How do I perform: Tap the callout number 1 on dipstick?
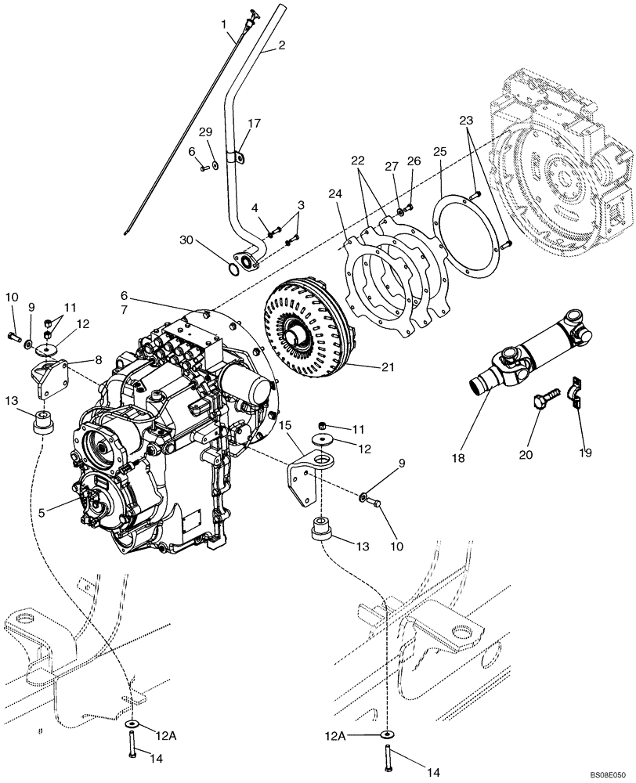(x=224, y=24)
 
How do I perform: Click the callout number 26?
(x=414, y=161)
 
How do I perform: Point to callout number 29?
(x=205, y=131)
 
